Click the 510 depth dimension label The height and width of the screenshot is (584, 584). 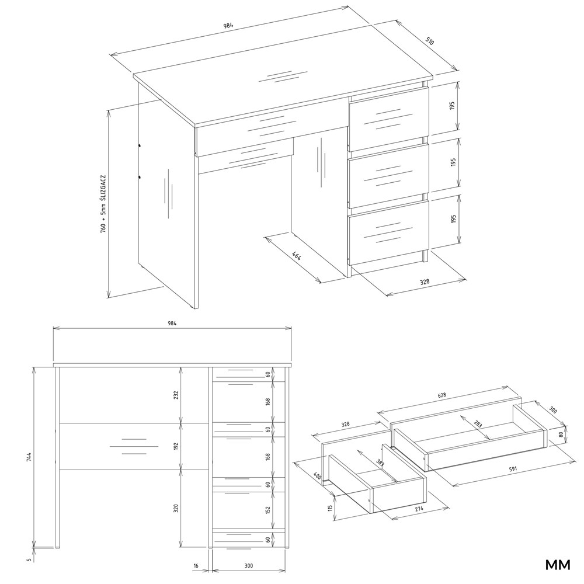tap(430, 41)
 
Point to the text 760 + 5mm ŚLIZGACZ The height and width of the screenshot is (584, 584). tap(103, 204)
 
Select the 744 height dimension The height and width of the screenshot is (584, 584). tap(29, 457)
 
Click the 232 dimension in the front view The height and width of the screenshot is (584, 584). tap(176, 395)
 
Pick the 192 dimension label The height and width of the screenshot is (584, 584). tap(176, 446)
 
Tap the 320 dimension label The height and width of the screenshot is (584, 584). tap(176, 508)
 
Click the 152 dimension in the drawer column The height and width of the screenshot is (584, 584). tap(268, 509)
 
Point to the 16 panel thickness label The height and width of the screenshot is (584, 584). tap(196, 566)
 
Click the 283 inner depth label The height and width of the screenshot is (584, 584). tap(478, 424)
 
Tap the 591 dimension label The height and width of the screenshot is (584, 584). tap(513, 470)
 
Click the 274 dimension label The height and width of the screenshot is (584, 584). tap(419, 509)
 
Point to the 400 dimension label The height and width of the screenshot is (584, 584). tap(318, 475)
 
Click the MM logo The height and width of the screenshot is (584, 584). tap(558, 565)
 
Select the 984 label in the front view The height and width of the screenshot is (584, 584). tap(172, 323)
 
